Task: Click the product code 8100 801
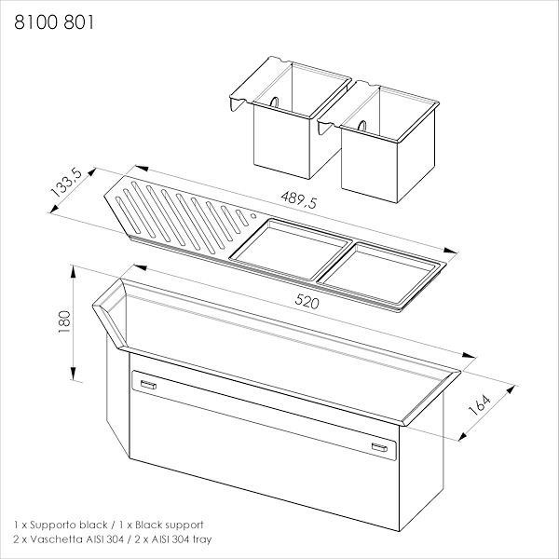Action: [x=54, y=22]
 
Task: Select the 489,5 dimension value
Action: [x=299, y=199]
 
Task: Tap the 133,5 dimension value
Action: [x=66, y=183]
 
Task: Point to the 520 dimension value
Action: [x=307, y=302]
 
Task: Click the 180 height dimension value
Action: [x=64, y=322]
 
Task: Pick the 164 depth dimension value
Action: [x=480, y=405]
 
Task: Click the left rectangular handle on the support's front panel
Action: [x=148, y=384]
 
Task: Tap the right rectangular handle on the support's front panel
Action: [x=379, y=447]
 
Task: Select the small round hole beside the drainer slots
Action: [x=253, y=216]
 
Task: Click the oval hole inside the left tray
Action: [x=274, y=102]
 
